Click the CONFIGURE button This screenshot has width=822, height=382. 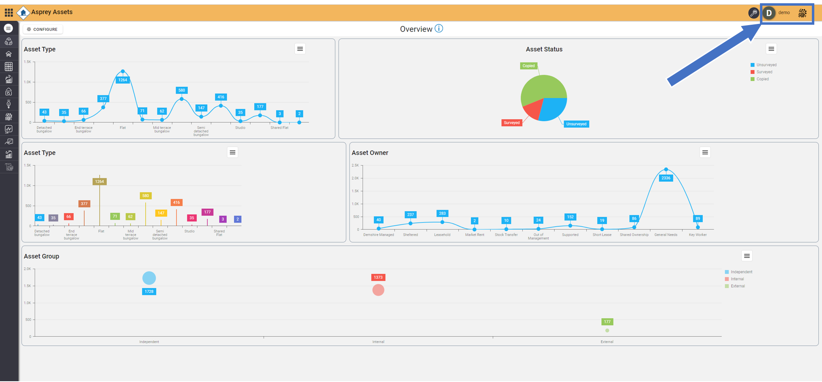tap(43, 29)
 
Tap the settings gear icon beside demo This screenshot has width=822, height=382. tap(802, 13)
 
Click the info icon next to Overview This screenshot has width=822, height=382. tap(439, 28)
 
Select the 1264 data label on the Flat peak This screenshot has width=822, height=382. tap(122, 80)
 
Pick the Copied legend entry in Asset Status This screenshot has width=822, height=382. tap(762, 79)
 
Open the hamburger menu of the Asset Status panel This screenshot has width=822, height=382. tap(771, 49)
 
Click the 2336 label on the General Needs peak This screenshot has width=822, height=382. tap(665, 178)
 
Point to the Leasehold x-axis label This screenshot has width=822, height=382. tap(442, 235)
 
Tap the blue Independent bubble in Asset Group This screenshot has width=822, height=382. tap(149, 278)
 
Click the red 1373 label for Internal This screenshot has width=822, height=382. tap(378, 277)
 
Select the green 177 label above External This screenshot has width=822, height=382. tap(607, 322)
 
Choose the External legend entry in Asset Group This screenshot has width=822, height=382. tap(737, 286)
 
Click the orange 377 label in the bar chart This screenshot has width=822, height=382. tap(84, 204)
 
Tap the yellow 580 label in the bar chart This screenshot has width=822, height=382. tap(146, 196)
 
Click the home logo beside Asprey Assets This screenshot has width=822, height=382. tap(23, 13)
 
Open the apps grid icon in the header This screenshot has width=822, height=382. tap(9, 13)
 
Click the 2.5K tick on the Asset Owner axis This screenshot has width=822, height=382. tap(355, 165)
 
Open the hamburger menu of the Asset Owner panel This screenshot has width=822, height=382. tap(705, 152)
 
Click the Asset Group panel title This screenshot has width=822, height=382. tap(41, 256)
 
